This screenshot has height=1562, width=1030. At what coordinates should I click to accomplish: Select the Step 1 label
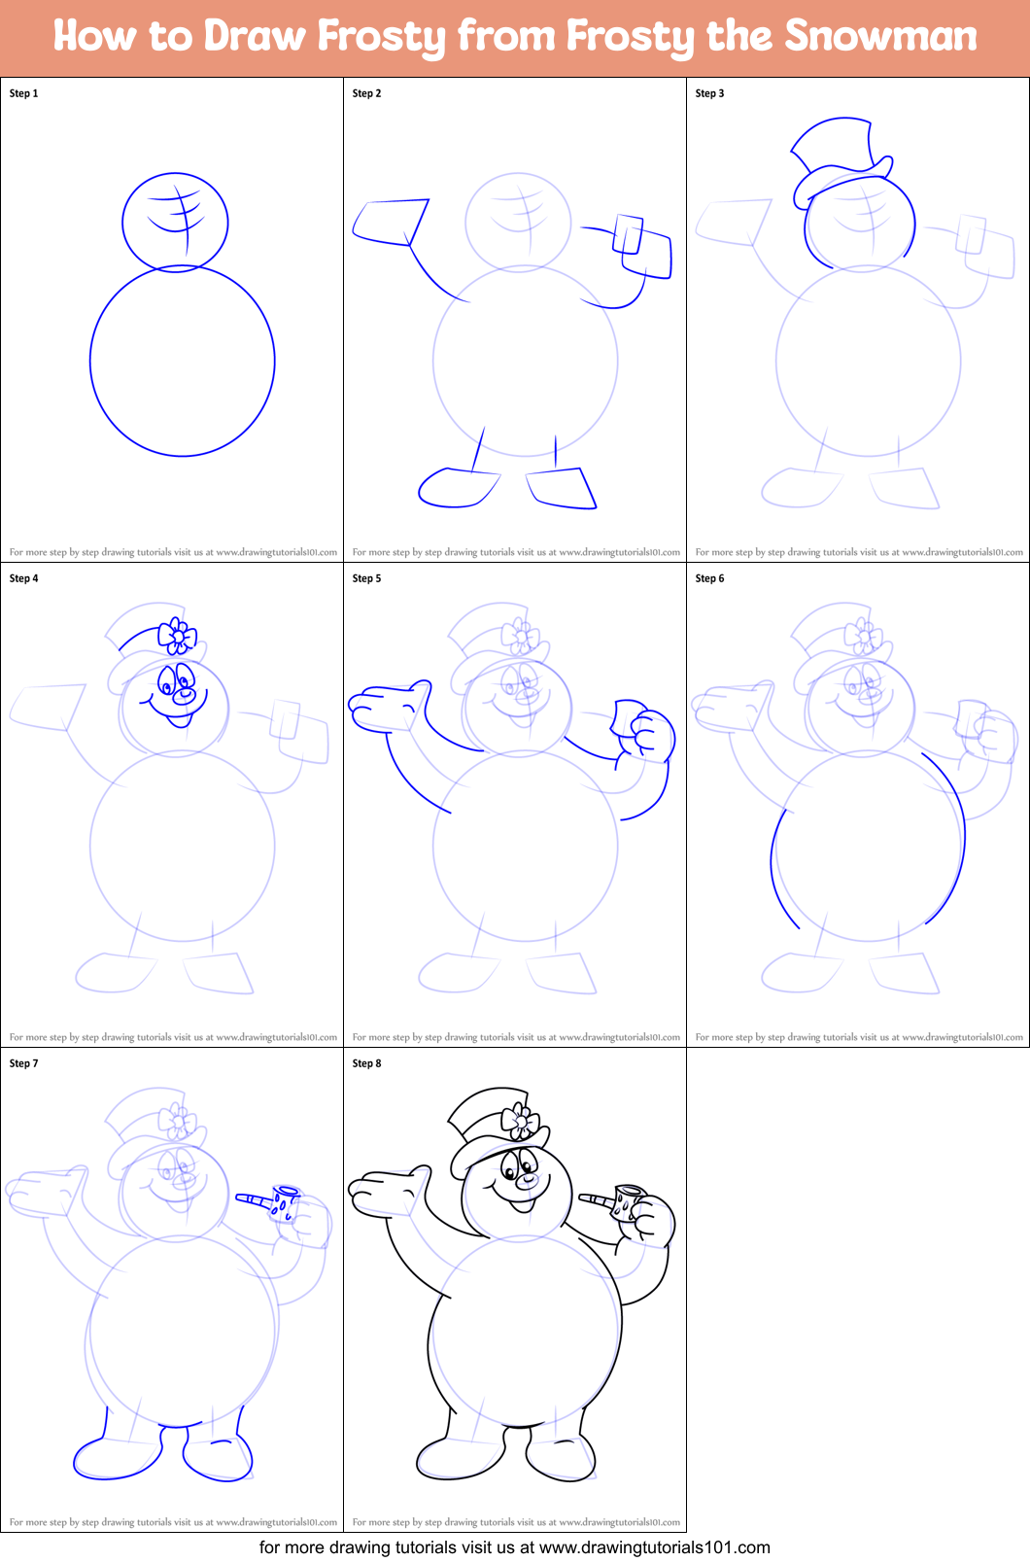pyautogui.click(x=23, y=92)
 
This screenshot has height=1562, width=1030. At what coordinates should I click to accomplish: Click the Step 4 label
pyautogui.click(x=23, y=578)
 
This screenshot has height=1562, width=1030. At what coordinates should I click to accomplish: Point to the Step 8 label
pyautogui.click(x=366, y=1063)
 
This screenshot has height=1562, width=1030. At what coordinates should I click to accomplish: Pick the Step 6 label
pyautogui.click(x=709, y=578)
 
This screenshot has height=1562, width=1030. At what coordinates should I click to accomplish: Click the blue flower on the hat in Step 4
pyautogui.click(x=178, y=636)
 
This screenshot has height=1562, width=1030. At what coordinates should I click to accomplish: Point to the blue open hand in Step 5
pyautogui.click(x=391, y=707)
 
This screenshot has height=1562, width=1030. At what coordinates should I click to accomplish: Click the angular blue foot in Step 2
pyautogui.click(x=562, y=487)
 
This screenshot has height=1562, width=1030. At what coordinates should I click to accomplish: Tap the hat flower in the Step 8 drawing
pyautogui.click(x=520, y=1121)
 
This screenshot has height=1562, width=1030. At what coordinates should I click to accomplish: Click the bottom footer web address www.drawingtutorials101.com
pyautogui.click(x=654, y=1547)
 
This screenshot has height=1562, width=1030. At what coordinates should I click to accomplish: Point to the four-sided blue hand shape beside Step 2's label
pyautogui.click(x=392, y=223)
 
